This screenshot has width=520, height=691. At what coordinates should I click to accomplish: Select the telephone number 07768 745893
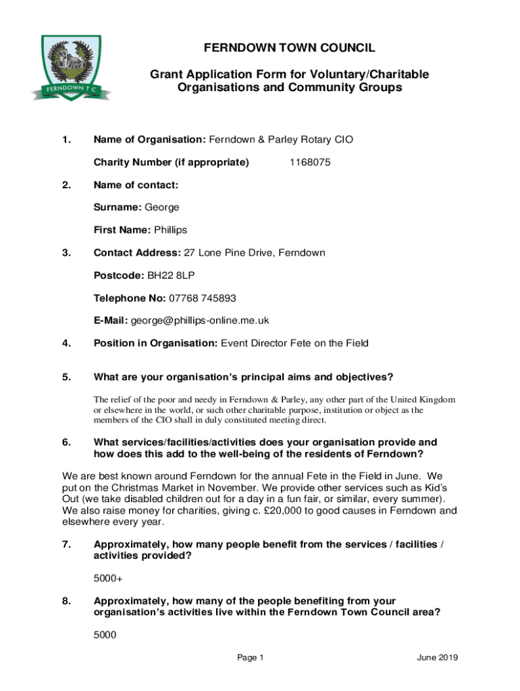(x=203, y=298)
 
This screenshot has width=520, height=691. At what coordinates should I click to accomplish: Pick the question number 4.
(x=66, y=343)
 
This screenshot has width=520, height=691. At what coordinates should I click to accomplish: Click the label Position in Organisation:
(x=155, y=343)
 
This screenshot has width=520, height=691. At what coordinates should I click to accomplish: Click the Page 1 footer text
(x=251, y=659)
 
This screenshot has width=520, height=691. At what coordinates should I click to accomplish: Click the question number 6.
(x=66, y=443)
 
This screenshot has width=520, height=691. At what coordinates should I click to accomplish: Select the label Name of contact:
(x=136, y=185)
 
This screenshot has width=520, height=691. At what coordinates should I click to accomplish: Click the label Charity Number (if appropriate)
(x=172, y=163)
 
